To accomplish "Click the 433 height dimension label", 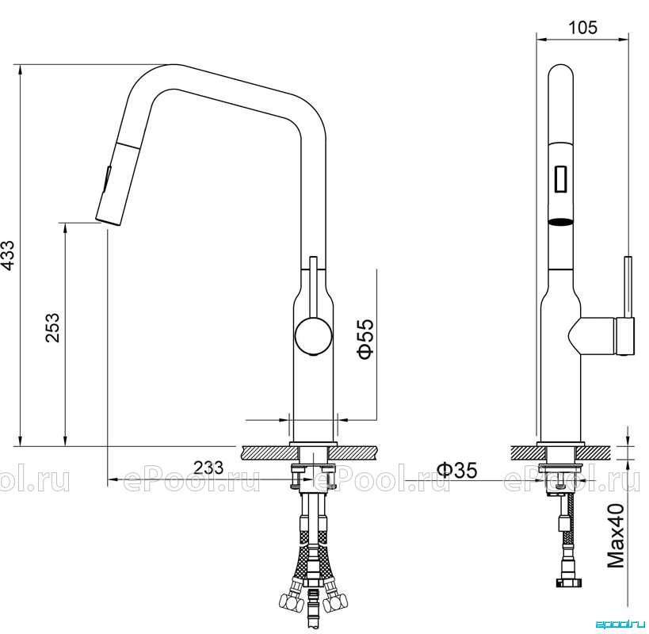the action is pos(9,255).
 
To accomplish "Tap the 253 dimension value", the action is pos(52,328).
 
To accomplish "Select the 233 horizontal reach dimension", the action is pos(208,468).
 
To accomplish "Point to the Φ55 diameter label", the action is pos(366,339).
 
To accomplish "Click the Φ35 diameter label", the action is pos(457,469).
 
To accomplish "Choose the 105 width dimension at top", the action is pos(582,28).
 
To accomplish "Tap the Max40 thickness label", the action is pos(616,535).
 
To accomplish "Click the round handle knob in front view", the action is pos(313,335).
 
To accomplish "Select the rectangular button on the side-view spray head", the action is pos(561,178).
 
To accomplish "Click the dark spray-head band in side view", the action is pos(561,222).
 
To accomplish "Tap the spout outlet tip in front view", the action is pos(109,221).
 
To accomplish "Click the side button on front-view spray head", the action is pos(107,179).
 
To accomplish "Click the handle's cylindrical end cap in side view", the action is pos(626,335).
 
